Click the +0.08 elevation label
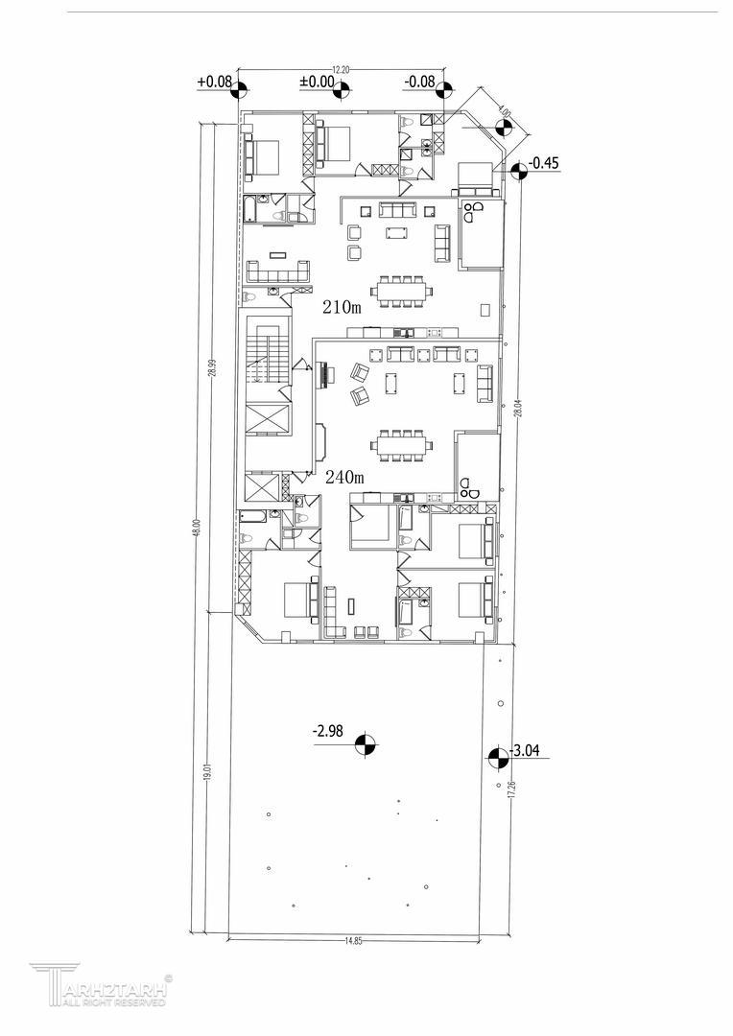coord(214,82)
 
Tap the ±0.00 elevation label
coord(317,82)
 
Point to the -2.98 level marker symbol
coord(365,744)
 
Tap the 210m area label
coord(342,307)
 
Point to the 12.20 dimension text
coord(340,70)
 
